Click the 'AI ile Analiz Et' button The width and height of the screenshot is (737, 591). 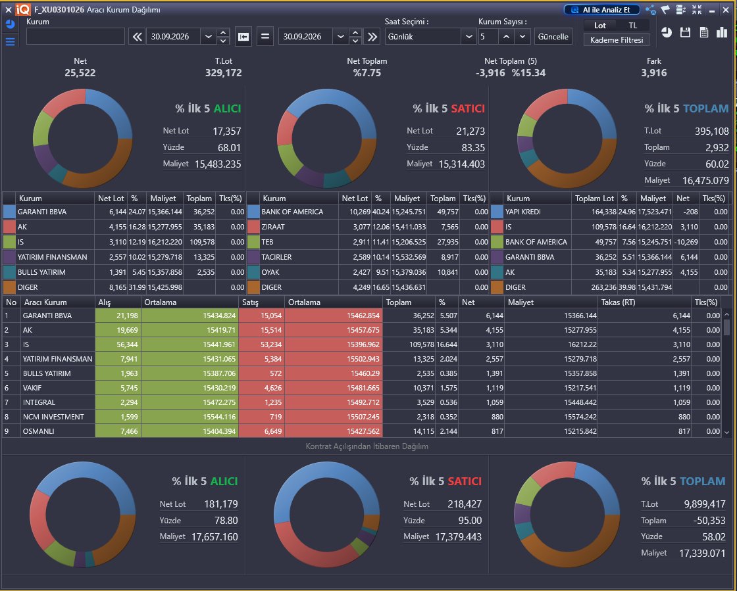click(602, 10)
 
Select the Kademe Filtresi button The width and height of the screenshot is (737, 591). click(617, 40)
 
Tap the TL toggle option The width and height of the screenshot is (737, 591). click(632, 26)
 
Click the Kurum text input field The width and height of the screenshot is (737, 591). click(76, 37)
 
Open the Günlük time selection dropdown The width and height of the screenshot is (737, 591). click(430, 37)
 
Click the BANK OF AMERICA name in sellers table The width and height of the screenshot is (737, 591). click(292, 212)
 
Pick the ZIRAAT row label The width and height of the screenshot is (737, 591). click(273, 227)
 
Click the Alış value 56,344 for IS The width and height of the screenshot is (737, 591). click(128, 344)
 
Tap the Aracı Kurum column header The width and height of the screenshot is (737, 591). click(45, 302)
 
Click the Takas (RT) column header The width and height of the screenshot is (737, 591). click(618, 302)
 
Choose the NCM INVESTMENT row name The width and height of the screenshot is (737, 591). click(53, 417)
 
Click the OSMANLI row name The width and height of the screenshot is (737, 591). click(39, 431)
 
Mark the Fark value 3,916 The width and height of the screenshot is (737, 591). click(654, 73)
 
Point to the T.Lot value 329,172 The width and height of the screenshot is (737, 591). click(224, 73)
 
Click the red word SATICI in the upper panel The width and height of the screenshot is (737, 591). click(468, 108)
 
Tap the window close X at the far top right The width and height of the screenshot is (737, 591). click(726, 10)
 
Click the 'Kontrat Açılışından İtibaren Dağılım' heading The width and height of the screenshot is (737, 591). click(367, 446)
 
